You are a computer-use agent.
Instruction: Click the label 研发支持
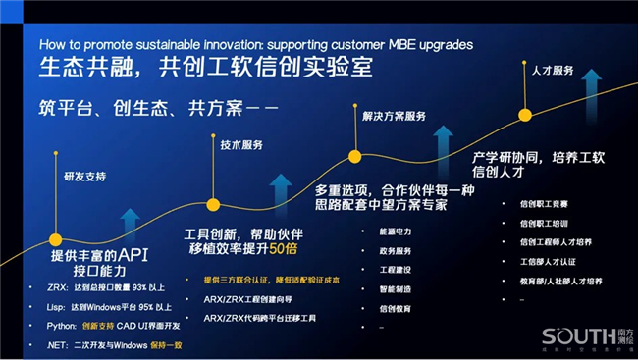coord(84,177)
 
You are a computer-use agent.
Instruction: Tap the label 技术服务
coord(241,145)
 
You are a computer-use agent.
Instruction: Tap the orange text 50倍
coord(285,249)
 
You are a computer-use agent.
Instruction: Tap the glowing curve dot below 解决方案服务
coord(355,155)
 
